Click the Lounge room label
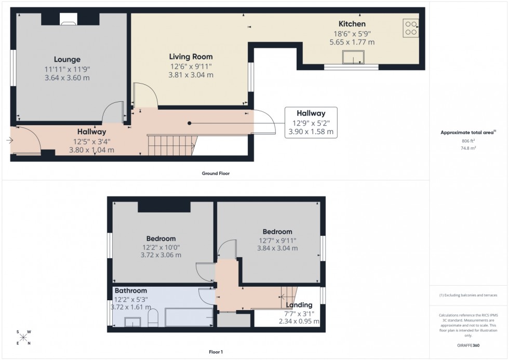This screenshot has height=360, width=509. point(67,60)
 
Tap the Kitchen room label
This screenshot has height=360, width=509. point(352,24)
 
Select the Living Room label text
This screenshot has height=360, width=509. point(191,57)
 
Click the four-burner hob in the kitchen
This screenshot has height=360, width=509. point(411,28)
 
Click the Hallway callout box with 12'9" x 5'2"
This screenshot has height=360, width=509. point(311,123)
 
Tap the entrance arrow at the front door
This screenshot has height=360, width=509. point(9,140)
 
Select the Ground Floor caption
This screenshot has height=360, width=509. point(216,174)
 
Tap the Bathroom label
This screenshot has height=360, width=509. point(131,291)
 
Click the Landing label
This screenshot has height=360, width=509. point(299,305)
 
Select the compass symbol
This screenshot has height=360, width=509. point(23,338)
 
